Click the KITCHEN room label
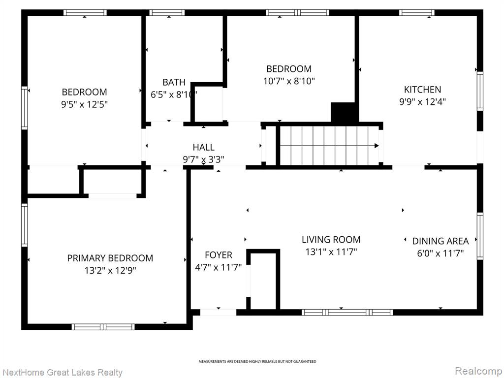click(x=422, y=90)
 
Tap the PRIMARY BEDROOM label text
click(x=110, y=258)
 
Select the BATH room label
click(x=174, y=82)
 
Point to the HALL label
click(x=203, y=147)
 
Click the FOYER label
click(x=219, y=255)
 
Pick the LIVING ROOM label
click(x=331, y=240)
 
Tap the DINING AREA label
click(x=441, y=241)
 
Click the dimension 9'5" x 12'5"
click(x=84, y=104)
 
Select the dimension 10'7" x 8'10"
click(x=289, y=81)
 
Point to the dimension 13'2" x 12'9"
click(x=110, y=271)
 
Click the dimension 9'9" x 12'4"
click(x=422, y=102)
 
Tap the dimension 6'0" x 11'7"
click(x=441, y=253)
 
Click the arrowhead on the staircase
click(x=377, y=146)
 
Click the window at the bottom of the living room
click(x=347, y=312)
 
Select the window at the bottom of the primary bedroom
click(x=103, y=327)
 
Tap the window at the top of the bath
click(x=167, y=12)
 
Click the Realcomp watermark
click(x=478, y=371)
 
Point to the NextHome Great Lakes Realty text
click(x=63, y=373)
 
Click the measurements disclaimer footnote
click(x=257, y=362)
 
